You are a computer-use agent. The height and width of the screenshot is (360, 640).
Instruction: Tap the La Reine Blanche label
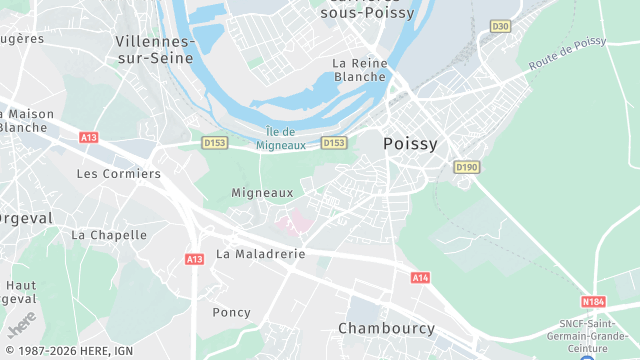pos(359,69)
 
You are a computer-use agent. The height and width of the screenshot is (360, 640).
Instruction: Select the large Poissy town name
pos(410,144)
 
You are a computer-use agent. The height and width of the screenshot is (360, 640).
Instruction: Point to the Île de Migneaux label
pos(281,139)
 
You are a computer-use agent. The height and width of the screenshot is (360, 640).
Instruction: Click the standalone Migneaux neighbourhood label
pos(262,192)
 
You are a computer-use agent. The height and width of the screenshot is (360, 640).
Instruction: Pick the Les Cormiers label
pos(118,173)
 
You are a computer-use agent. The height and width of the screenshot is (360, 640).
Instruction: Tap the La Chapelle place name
pos(109,235)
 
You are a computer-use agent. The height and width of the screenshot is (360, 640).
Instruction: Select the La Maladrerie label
pos(260,254)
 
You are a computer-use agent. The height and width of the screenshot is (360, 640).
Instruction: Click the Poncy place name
pos(231,312)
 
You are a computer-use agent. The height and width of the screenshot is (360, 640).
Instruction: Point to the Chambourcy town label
pos(386,328)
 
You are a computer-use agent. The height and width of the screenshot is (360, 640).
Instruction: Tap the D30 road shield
pos(501,26)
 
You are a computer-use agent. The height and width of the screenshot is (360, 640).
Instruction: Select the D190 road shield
pos(466,167)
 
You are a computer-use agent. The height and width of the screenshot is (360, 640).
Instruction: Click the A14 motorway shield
pos(420,277)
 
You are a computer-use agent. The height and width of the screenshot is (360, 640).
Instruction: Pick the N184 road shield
pos(594,301)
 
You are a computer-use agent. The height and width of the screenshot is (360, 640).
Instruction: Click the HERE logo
pos(20,323)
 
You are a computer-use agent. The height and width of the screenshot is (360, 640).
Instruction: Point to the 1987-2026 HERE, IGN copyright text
pos(67,351)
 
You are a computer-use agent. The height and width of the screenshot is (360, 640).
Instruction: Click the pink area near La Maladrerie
pos(292,222)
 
